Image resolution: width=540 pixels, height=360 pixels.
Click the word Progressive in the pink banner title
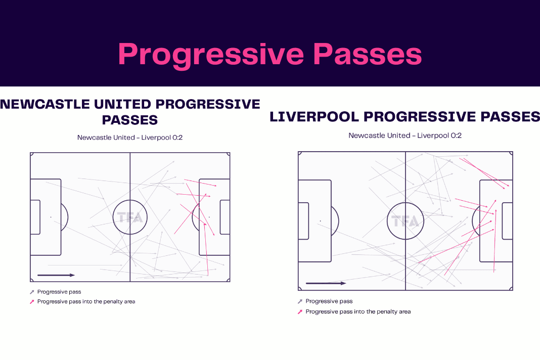click(211, 55)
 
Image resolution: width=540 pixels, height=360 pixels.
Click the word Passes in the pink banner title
click(368, 54)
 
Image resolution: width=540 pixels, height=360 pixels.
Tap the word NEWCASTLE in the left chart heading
click(45, 104)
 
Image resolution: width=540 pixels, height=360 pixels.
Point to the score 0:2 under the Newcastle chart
click(177, 138)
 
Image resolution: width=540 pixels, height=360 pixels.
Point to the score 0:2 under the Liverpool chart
click(456, 136)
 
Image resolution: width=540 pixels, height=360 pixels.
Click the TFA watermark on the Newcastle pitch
click(130, 217)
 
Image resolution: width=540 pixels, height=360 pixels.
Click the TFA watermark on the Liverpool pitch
click(406, 221)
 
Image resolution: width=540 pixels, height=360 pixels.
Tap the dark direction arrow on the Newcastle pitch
click(56, 275)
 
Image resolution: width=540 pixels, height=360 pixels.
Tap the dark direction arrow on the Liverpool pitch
click(326, 283)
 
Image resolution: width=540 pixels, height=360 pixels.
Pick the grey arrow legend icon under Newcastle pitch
click(32, 292)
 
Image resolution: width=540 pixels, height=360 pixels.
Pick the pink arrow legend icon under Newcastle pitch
click(32, 302)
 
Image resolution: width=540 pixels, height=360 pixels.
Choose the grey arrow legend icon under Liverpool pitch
click(300, 301)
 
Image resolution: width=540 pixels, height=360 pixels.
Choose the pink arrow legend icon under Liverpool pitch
click(300, 312)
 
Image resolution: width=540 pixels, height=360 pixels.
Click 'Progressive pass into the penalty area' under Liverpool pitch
click(358, 312)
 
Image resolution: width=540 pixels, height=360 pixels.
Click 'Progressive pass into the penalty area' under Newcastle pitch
click(86, 301)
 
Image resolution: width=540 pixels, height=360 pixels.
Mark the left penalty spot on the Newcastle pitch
click(51, 217)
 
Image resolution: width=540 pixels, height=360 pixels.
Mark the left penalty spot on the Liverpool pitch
click(320, 221)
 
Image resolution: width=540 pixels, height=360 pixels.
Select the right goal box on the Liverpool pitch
click(508, 221)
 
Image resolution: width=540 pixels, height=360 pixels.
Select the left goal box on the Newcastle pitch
click(35, 217)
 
